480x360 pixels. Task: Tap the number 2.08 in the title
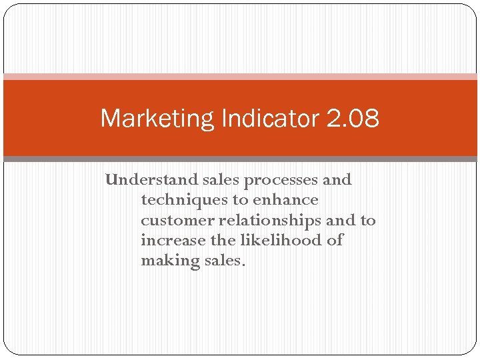tap(353, 119)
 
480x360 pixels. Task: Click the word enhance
tap(285, 200)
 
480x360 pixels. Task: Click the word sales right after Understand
tap(221, 180)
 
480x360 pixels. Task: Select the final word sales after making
tap(224, 261)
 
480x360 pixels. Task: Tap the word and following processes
tap(337, 180)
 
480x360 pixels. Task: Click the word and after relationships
tap(341, 221)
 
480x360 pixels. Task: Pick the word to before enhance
tap(238, 200)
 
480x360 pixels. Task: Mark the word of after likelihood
tap(335, 241)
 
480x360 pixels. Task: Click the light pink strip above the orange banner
tap(240, 77)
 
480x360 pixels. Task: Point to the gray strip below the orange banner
tap(240, 159)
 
